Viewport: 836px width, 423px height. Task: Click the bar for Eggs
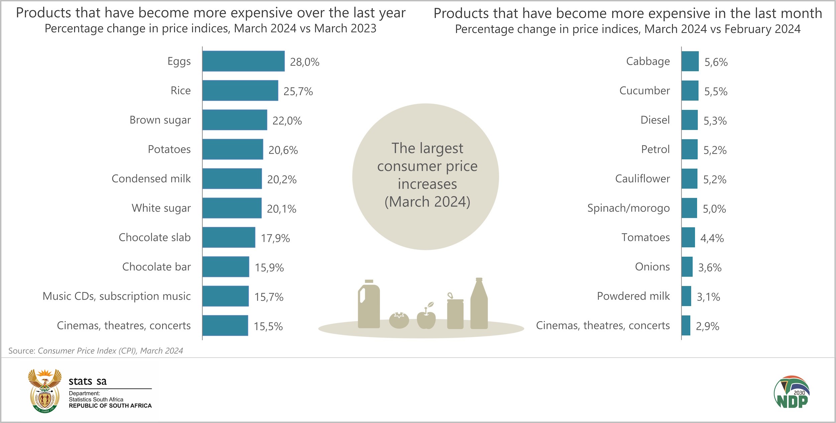(243, 61)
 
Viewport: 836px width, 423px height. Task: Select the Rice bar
(240, 90)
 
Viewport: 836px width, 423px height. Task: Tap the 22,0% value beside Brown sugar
(287, 121)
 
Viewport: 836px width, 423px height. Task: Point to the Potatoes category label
(169, 149)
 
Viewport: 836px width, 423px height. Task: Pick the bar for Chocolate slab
(229, 237)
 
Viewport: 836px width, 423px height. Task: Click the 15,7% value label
(269, 297)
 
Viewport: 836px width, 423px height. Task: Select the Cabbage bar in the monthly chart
(690, 61)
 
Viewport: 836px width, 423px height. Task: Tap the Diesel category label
(655, 120)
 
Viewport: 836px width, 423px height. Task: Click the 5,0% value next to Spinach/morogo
(714, 209)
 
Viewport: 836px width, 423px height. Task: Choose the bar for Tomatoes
(688, 237)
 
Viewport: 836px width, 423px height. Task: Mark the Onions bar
(687, 267)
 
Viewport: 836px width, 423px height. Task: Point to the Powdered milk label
(633, 296)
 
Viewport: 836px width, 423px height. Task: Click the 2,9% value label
(707, 326)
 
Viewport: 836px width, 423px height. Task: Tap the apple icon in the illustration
(426, 319)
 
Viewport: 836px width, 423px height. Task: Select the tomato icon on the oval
(399, 320)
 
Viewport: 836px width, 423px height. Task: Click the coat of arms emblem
(45, 391)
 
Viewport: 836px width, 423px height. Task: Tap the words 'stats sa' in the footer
(88, 381)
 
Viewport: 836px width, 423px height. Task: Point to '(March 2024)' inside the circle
(427, 202)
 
